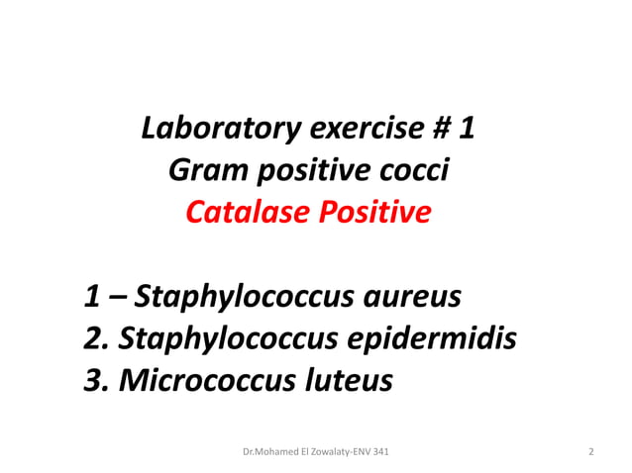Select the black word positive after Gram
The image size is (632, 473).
[x=318, y=171]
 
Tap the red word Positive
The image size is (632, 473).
[x=375, y=213]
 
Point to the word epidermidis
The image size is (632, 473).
[x=430, y=338]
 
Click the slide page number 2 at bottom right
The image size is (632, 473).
[x=591, y=452]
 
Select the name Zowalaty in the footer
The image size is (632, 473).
[x=326, y=452]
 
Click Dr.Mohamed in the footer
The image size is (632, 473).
[x=268, y=452]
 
